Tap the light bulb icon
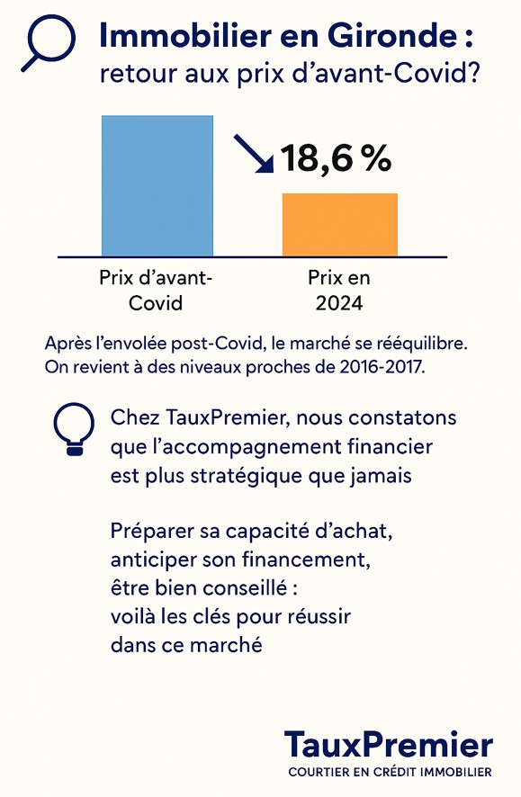74,428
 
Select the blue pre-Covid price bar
157,186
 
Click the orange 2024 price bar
340,225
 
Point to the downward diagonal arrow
254,154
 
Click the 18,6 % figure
336,158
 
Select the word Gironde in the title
391,36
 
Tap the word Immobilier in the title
185,36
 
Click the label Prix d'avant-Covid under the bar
156,291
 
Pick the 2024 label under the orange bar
339,303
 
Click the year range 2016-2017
381,366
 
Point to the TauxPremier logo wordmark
389,745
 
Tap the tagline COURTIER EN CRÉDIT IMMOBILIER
390,772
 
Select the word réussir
319,616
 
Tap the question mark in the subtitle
473,74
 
